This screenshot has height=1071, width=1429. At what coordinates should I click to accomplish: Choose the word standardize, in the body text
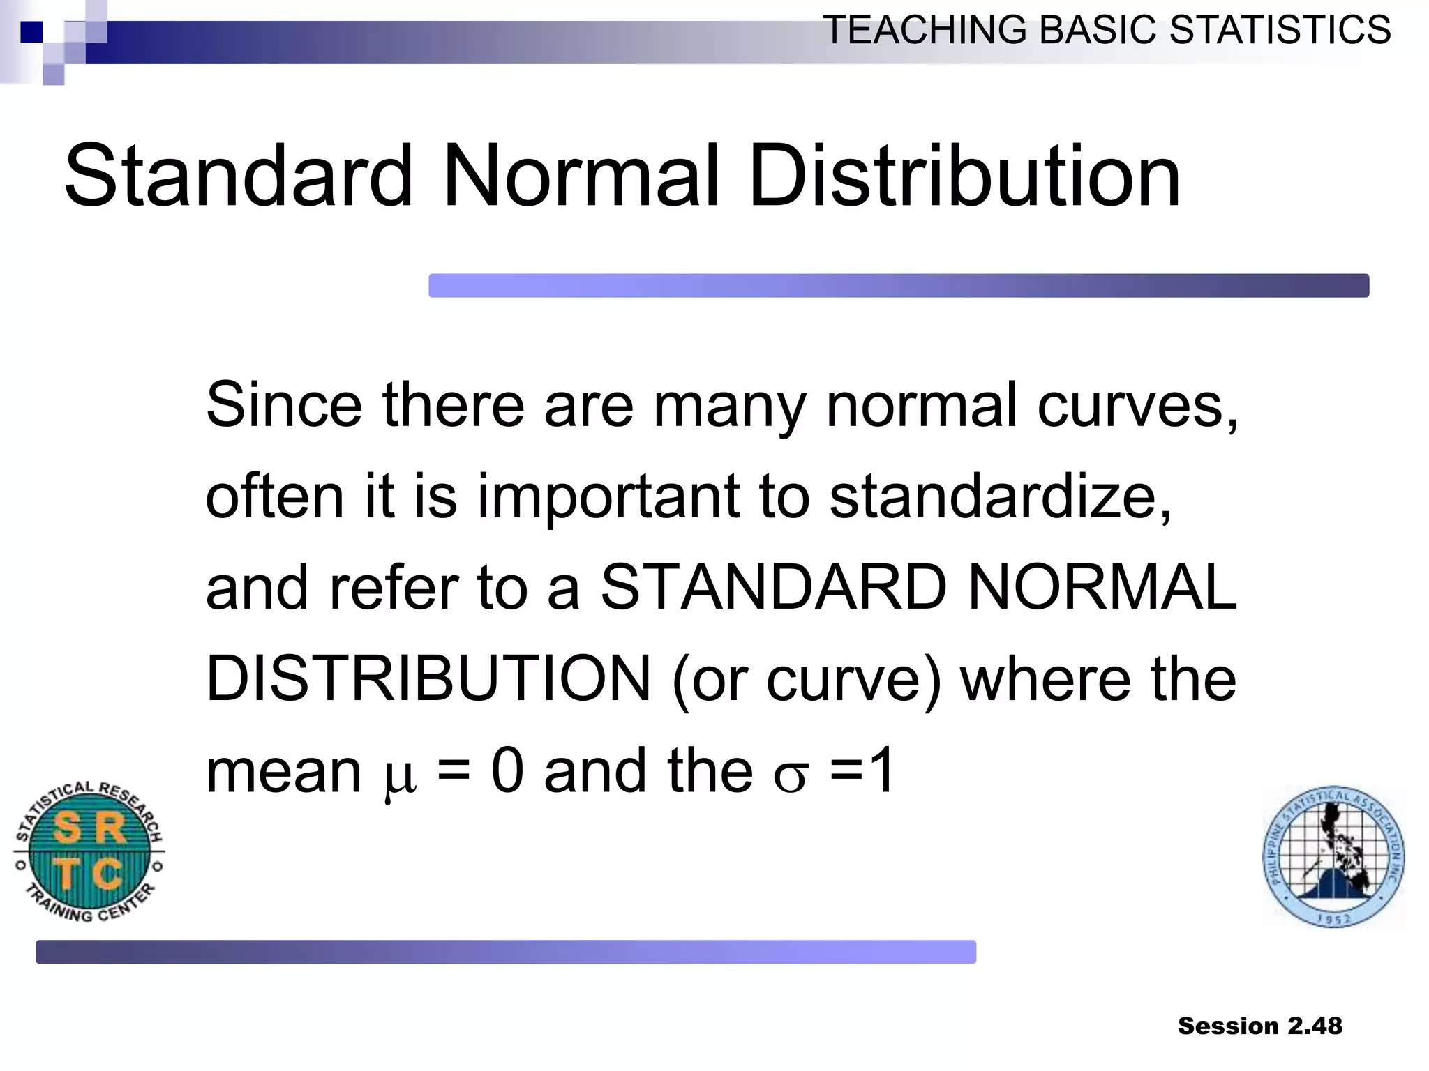1001,496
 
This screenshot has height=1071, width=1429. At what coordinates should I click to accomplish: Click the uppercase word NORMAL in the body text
1102,587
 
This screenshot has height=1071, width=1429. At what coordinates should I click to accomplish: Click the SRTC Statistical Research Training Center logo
89,851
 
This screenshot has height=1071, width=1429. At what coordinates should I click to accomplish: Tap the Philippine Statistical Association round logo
1333,856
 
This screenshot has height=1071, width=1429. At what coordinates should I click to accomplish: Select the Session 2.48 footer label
1259,1026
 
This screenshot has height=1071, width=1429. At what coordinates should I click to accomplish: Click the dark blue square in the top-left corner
31,32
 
